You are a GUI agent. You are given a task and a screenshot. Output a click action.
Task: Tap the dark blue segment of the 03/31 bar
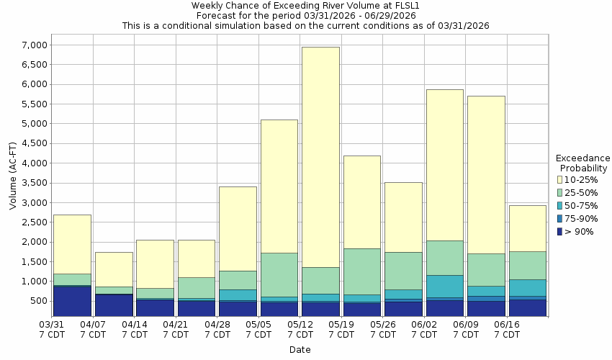click(x=72, y=301)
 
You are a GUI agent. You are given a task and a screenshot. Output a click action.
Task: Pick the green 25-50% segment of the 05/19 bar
click(x=361, y=271)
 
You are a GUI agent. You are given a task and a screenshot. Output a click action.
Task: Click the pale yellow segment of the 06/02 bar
click(x=444, y=165)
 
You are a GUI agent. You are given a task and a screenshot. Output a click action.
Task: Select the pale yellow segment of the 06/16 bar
click(x=527, y=228)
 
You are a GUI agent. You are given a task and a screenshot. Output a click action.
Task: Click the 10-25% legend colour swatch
click(x=560, y=179)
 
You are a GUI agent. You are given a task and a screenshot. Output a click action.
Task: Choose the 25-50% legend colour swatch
click(x=560, y=192)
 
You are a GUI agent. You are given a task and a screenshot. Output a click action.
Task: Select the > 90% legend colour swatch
click(x=560, y=231)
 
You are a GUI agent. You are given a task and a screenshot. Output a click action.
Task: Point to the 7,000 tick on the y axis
click(x=34, y=45)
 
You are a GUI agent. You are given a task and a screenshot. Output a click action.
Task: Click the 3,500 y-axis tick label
click(x=34, y=183)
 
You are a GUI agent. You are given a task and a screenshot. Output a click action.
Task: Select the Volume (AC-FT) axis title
click(x=12, y=181)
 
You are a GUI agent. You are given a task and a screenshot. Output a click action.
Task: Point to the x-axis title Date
click(x=300, y=350)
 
